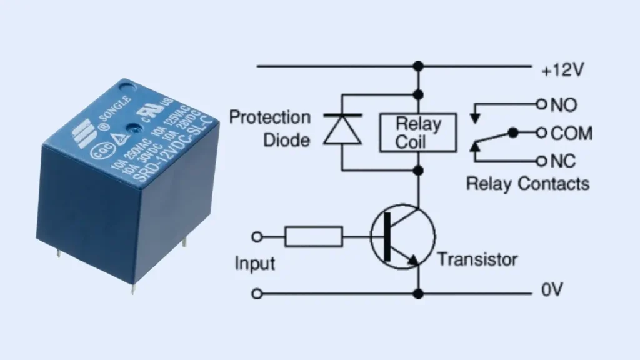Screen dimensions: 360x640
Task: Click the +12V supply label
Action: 562,70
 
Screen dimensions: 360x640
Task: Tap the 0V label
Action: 552,291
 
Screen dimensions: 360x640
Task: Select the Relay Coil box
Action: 418,132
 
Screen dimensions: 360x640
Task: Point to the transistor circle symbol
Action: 402,236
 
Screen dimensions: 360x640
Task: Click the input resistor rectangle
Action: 314,237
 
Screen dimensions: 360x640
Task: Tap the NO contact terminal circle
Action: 541,104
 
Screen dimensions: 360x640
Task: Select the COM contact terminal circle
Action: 541,133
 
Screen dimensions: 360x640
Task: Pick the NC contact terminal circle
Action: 541,161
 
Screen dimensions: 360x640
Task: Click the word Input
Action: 254,263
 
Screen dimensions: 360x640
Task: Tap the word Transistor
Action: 477,259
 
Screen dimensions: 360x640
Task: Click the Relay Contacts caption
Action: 527,184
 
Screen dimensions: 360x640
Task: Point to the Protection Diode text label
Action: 270,128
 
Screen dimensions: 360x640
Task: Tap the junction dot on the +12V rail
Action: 418,65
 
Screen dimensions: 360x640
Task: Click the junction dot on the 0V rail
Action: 418,293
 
